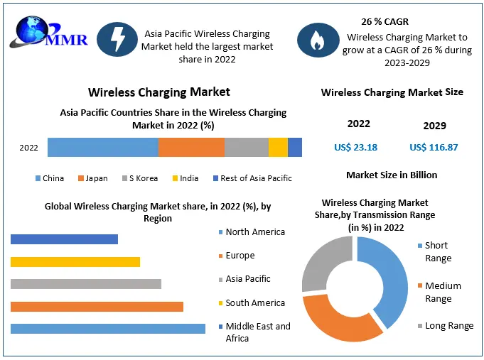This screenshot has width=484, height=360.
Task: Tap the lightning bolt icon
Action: click(116, 40)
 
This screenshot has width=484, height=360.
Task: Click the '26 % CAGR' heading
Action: click(384, 22)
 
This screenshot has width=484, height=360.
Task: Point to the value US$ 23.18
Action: click(355, 148)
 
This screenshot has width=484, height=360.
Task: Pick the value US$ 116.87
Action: click(434, 148)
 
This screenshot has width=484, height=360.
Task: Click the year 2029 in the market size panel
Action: click(434, 126)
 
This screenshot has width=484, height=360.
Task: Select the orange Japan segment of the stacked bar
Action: click(191, 148)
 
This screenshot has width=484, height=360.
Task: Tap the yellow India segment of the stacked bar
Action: click(278, 148)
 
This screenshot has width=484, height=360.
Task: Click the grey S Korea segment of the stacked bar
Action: click(247, 148)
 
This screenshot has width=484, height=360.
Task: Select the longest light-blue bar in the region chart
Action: click(107, 329)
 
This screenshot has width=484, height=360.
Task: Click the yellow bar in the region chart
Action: click(75, 262)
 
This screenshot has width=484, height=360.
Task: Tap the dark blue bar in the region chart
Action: click(64, 239)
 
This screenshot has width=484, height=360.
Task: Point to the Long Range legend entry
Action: click(448, 326)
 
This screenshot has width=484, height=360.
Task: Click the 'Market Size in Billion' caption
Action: click(392, 175)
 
